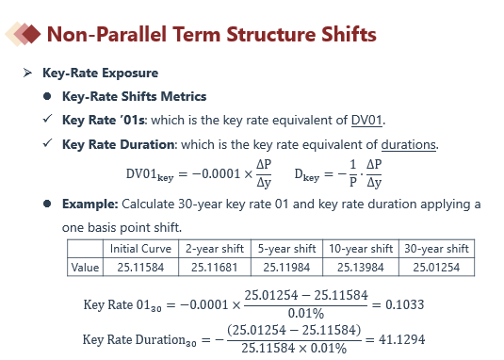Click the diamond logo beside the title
[x=23, y=34]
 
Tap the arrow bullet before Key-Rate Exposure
[x=27, y=73]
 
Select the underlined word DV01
[x=366, y=121]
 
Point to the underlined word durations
[x=409, y=144]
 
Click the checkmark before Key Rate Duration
[x=47, y=143]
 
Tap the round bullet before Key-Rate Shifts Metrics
[x=47, y=96]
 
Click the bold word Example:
[x=90, y=205]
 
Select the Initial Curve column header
[x=140, y=249]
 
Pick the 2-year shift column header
[x=215, y=249]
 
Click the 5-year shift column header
[x=286, y=249]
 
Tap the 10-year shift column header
[x=361, y=249]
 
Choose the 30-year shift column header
[x=436, y=249]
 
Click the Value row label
[x=85, y=268]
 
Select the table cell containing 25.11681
[x=215, y=268]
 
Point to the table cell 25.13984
[x=361, y=268]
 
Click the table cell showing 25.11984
[x=286, y=268]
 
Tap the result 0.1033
[x=405, y=304]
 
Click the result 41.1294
[x=401, y=339]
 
